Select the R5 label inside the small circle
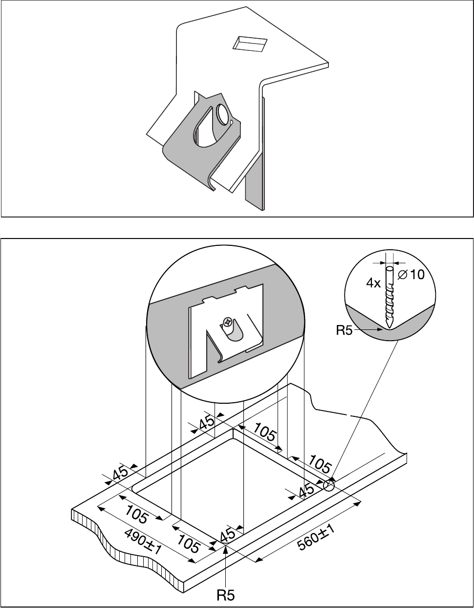click(x=344, y=330)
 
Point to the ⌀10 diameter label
click(x=411, y=275)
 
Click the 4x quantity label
click(x=373, y=283)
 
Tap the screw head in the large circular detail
click(x=228, y=321)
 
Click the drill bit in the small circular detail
click(x=389, y=297)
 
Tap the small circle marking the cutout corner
click(x=328, y=485)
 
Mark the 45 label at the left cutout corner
click(x=120, y=474)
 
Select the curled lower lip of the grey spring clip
click(x=211, y=183)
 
